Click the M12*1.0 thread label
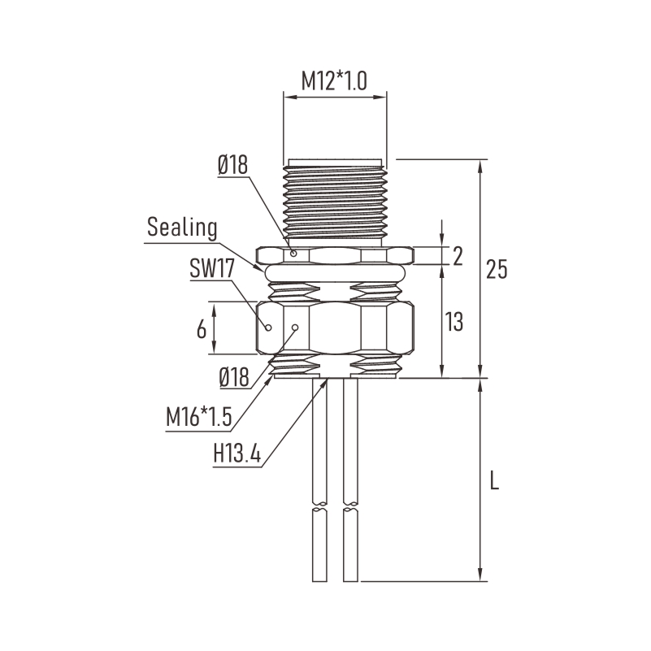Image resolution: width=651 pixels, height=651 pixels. pos(334,81)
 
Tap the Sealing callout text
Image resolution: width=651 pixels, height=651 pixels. pos(182,228)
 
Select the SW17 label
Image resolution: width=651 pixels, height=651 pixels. pos(212,268)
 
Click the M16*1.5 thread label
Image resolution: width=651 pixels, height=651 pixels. pos(199,416)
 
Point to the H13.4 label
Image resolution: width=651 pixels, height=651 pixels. pos(237,453)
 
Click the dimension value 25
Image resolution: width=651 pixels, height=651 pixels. pos(497,269)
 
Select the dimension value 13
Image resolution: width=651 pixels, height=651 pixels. pos(454,322)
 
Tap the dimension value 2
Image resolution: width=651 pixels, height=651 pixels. pos(458,256)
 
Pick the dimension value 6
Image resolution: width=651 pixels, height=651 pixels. pos(202,330)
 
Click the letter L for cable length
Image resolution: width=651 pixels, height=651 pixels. pos(494,480)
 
